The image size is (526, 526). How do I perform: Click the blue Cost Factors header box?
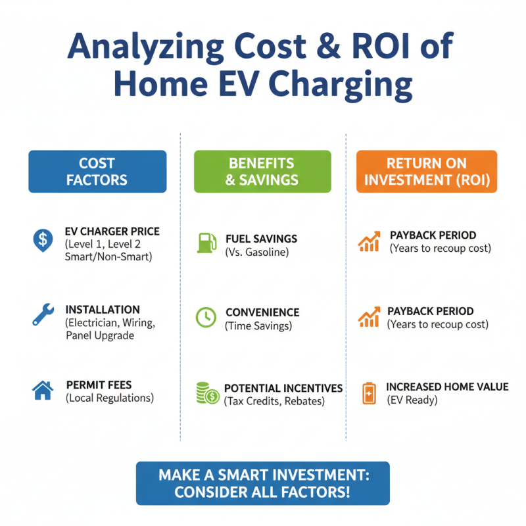pyautogui.click(x=97, y=172)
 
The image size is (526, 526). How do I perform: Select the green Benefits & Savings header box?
pyautogui.click(x=262, y=172)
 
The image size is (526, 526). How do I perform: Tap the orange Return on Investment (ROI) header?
pyautogui.click(x=427, y=172)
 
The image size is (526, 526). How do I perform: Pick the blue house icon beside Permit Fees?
pyautogui.click(x=43, y=391)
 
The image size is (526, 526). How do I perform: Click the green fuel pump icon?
pyautogui.click(x=205, y=242)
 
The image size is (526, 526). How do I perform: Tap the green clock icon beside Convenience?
pyautogui.click(x=206, y=318)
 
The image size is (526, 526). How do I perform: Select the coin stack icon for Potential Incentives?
pyautogui.click(x=207, y=394)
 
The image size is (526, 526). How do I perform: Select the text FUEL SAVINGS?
pyautogui.click(x=261, y=239)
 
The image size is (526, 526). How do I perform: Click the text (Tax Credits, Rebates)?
pyautogui.click(x=274, y=401)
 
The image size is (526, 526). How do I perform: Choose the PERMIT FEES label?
pyautogui.click(x=99, y=385)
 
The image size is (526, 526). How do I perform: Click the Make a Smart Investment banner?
pyautogui.click(x=262, y=483)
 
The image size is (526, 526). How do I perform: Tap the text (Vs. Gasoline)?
pyautogui.click(x=256, y=252)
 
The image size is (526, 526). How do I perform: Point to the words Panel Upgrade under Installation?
pyautogui.click(x=100, y=335)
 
